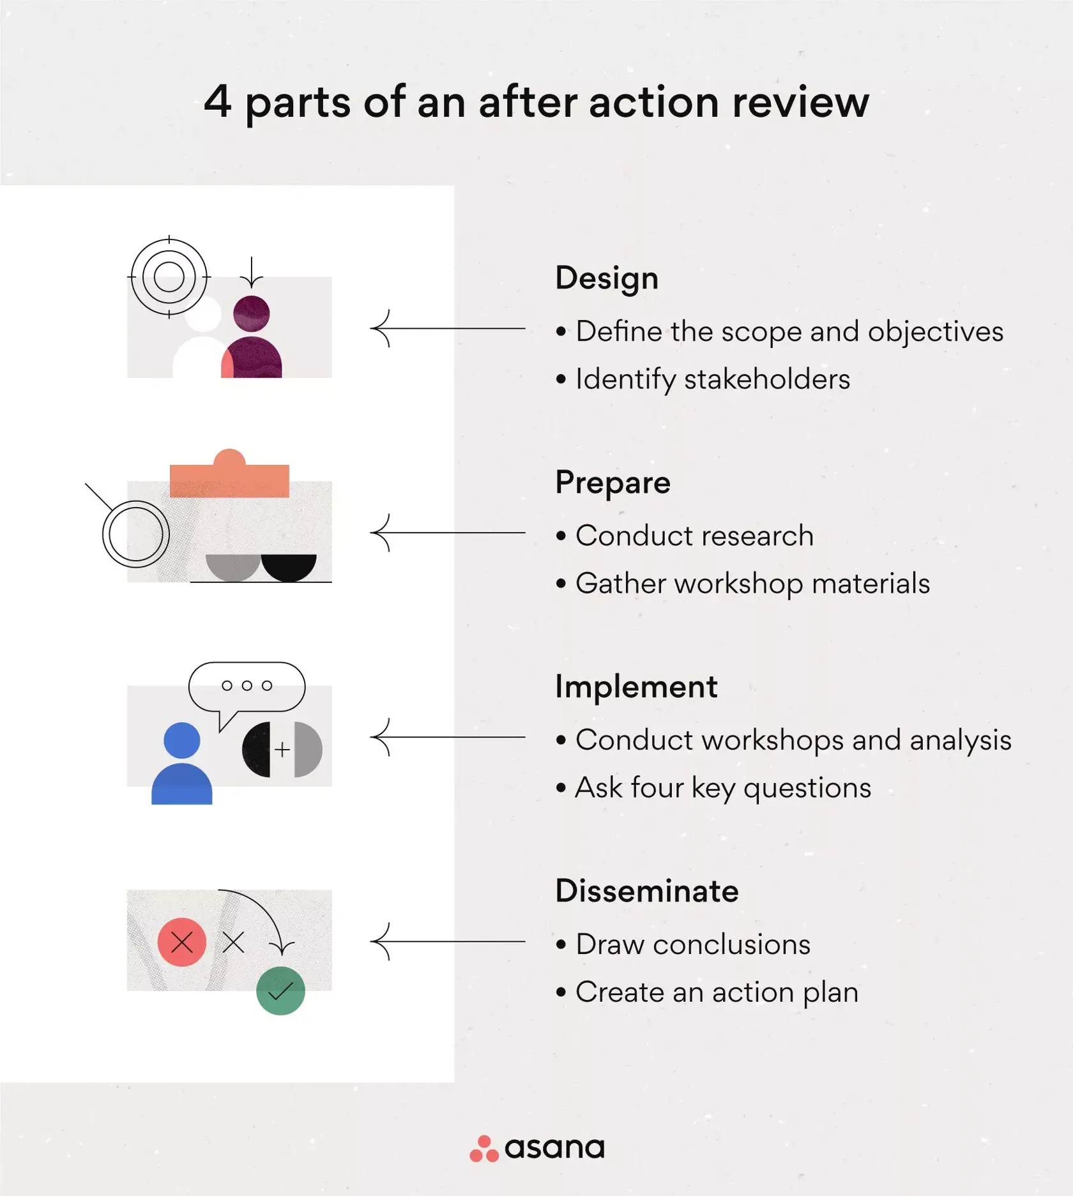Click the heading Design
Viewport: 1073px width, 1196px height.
click(606, 278)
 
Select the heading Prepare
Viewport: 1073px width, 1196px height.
click(613, 483)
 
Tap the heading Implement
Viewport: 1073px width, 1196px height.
click(635, 687)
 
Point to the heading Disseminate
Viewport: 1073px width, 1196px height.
click(646, 891)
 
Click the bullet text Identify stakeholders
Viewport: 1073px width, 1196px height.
click(712, 379)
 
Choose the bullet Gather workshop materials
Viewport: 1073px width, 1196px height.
click(752, 584)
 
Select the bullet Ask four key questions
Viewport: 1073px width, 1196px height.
click(722, 788)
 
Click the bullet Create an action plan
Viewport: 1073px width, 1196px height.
click(716, 992)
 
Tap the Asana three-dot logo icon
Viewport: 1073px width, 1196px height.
click(483, 1149)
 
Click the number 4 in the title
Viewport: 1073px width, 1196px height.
click(218, 102)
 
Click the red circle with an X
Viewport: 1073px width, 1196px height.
click(182, 942)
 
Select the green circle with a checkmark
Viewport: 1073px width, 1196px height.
click(280, 990)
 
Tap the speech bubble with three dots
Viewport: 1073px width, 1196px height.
click(247, 686)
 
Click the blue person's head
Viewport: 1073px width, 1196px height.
click(182, 740)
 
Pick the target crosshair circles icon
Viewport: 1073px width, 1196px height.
click(169, 277)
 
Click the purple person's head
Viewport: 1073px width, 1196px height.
click(251, 314)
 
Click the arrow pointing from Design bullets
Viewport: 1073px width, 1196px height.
click(447, 328)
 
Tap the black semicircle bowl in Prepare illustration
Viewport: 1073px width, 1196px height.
click(289, 566)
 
